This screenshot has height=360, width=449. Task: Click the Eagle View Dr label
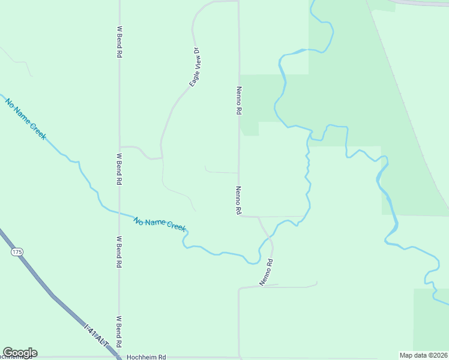pos(195,67)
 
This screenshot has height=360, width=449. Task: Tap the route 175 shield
pos(16,253)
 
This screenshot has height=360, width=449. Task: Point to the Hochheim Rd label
pos(146,356)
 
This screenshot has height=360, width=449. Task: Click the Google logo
pos(20,353)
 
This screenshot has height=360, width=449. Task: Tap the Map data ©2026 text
pos(424,355)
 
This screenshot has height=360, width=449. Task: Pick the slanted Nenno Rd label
pos(267,272)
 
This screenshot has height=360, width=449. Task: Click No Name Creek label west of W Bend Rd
pos(26,119)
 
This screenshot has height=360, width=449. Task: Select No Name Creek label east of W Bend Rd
pos(160,224)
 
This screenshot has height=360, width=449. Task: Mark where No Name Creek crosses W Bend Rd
pos(119,213)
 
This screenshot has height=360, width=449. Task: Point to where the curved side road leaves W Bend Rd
pos(120,146)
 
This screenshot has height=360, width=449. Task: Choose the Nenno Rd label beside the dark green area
pos(238,100)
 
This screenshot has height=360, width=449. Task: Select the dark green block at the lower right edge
pos(431,318)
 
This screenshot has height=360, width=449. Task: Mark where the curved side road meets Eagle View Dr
pos(161,158)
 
